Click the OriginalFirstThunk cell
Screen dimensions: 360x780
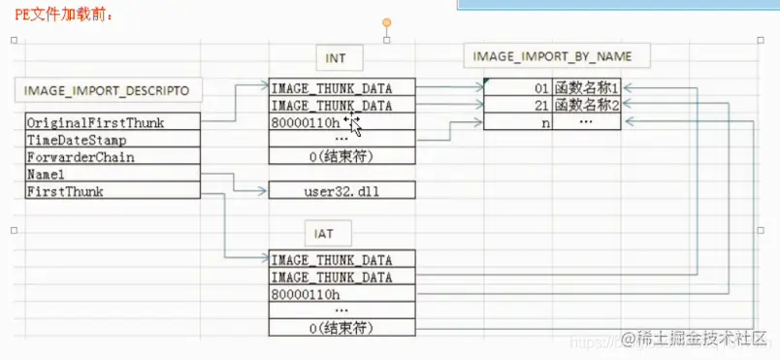(113, 122)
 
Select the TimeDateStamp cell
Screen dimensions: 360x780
(113, 140)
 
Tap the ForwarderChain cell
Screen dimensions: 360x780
(113, 157)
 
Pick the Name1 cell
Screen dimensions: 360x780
(113, 175)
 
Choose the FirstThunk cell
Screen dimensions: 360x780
(113, 192)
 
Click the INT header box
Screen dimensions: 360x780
(335, 58)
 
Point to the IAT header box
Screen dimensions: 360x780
(335, 233)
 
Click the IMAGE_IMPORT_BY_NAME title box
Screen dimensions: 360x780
(547, 56)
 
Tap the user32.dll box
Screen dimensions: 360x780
(342, 191)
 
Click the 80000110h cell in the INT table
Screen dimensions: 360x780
(342, 122)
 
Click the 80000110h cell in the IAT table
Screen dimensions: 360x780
(342, 294)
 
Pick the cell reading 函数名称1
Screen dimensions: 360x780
(586, 87)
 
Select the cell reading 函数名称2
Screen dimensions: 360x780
(586, 105)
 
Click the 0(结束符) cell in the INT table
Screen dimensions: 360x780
(342, 157)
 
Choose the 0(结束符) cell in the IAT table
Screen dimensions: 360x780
(342, 328)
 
